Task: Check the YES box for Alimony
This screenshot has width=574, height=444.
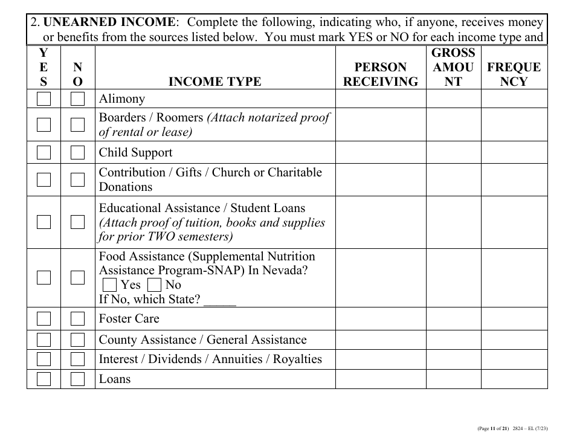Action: [44, 99]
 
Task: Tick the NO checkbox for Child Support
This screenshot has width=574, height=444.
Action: [77, 153]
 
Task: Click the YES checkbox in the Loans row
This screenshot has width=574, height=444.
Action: [44, 379]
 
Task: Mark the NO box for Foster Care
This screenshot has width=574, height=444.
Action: [77, 318]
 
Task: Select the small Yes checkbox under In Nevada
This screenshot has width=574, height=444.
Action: [109, 285]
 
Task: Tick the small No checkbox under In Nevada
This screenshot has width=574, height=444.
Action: [154, 285]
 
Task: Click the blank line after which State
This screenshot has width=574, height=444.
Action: [220, 300]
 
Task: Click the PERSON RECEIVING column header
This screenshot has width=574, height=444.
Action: [380, 74]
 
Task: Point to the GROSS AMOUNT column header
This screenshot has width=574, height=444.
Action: [453, 67]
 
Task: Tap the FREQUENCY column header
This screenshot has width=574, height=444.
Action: [514, 74]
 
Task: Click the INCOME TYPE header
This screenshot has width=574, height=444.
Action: [214, 82]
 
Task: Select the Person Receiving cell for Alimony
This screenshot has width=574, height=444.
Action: [381, 99]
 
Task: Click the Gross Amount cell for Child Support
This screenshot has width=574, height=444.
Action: [453, 153]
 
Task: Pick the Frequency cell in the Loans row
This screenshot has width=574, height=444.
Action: [514, 379]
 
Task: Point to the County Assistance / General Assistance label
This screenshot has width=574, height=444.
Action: [202, 340]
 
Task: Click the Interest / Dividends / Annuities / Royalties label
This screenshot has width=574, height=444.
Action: [210, 359]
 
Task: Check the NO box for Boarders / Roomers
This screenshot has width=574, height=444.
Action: [77, 125]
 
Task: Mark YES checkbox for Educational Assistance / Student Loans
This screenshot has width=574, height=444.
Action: [44, 222]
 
